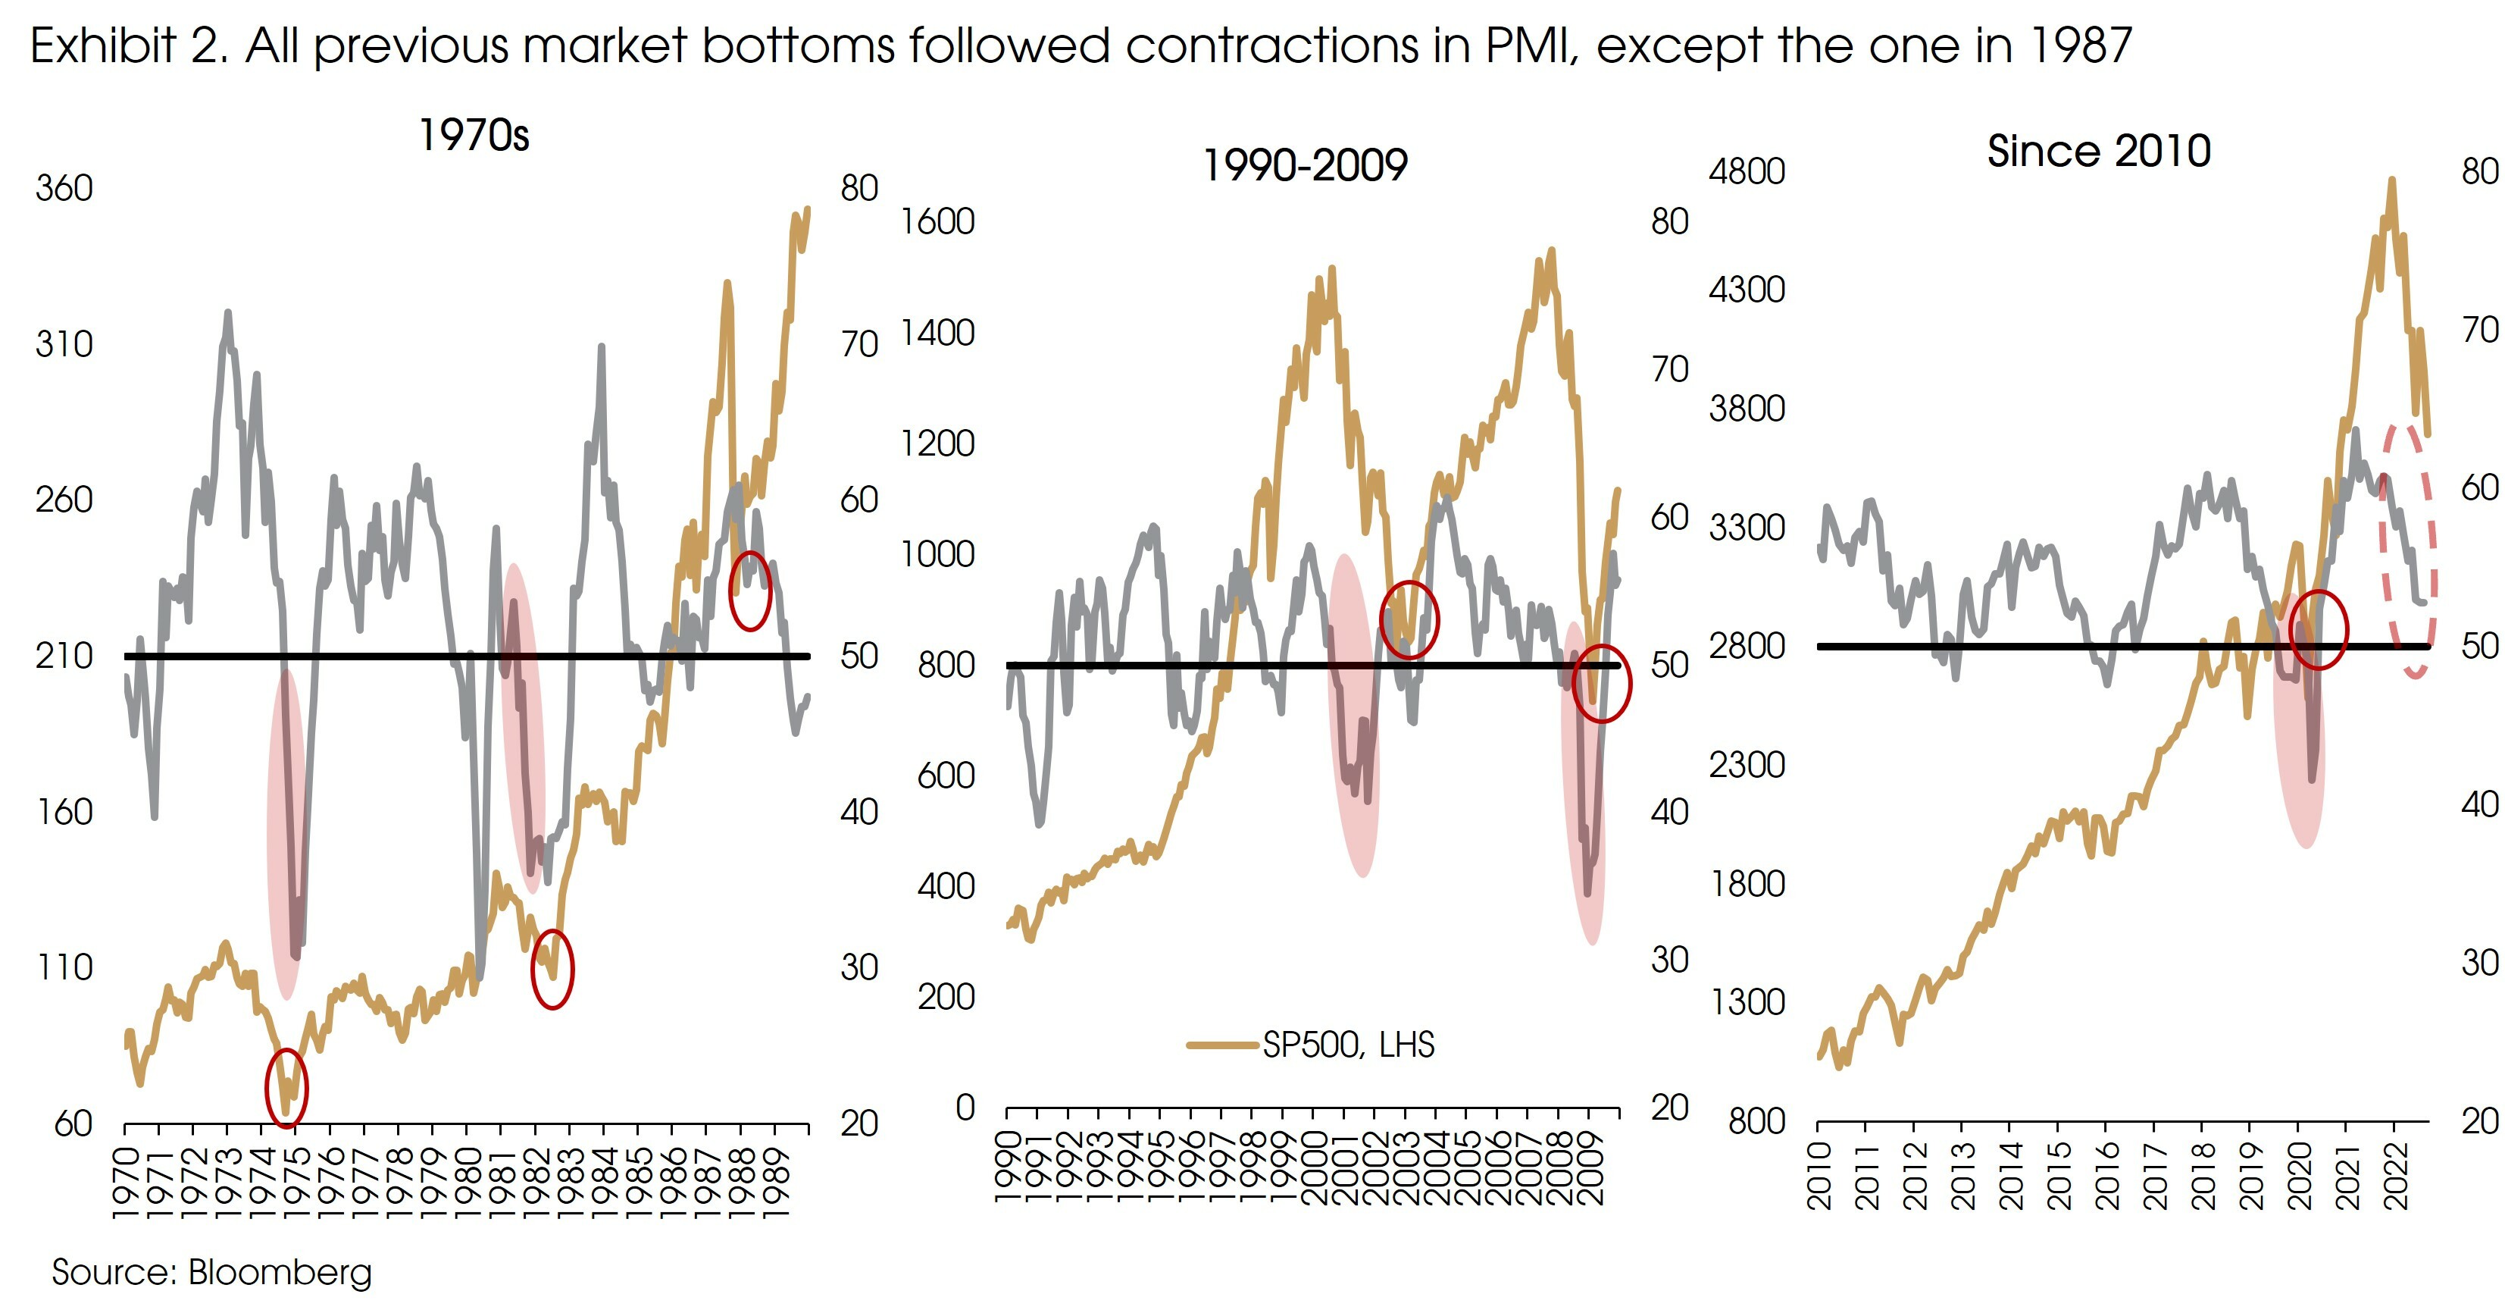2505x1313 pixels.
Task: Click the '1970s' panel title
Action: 474,135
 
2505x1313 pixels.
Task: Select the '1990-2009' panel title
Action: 1305,165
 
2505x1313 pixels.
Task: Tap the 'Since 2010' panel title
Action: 2099,151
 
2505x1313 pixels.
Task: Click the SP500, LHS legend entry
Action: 1346,1045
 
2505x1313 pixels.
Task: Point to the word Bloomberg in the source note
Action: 280,1272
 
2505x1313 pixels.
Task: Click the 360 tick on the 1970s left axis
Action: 64,188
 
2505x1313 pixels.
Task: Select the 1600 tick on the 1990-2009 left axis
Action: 937,222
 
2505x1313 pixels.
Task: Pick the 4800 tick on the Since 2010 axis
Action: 1747,171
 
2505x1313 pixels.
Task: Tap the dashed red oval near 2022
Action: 2408,550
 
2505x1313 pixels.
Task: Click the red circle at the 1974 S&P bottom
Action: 286,1087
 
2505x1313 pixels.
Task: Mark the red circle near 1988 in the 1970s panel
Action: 749,591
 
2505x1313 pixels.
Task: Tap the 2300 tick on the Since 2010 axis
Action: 1747,764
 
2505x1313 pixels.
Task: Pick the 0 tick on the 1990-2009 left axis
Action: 965,1108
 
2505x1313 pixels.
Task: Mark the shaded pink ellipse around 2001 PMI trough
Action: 1353,715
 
